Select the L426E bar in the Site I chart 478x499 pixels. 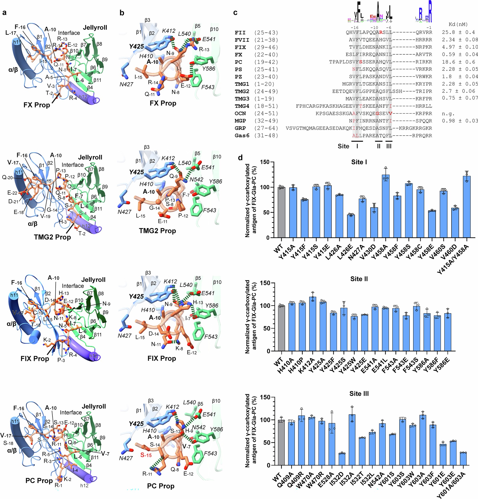(x=351, y=226)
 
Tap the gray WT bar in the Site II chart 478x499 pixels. (x=281, y=328)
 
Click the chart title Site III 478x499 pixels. (x=359, y=394)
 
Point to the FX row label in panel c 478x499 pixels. (x=239, y=55)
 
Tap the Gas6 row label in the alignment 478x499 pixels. (x=242, y=136)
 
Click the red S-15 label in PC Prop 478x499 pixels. (x=146, y=455)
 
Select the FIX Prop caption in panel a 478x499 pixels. (x=35, y=359)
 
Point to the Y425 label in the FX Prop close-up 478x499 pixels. (x=136, y=47)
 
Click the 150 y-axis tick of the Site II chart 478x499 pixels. (x=265, y=283)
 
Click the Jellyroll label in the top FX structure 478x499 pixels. (x=95, y=27)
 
